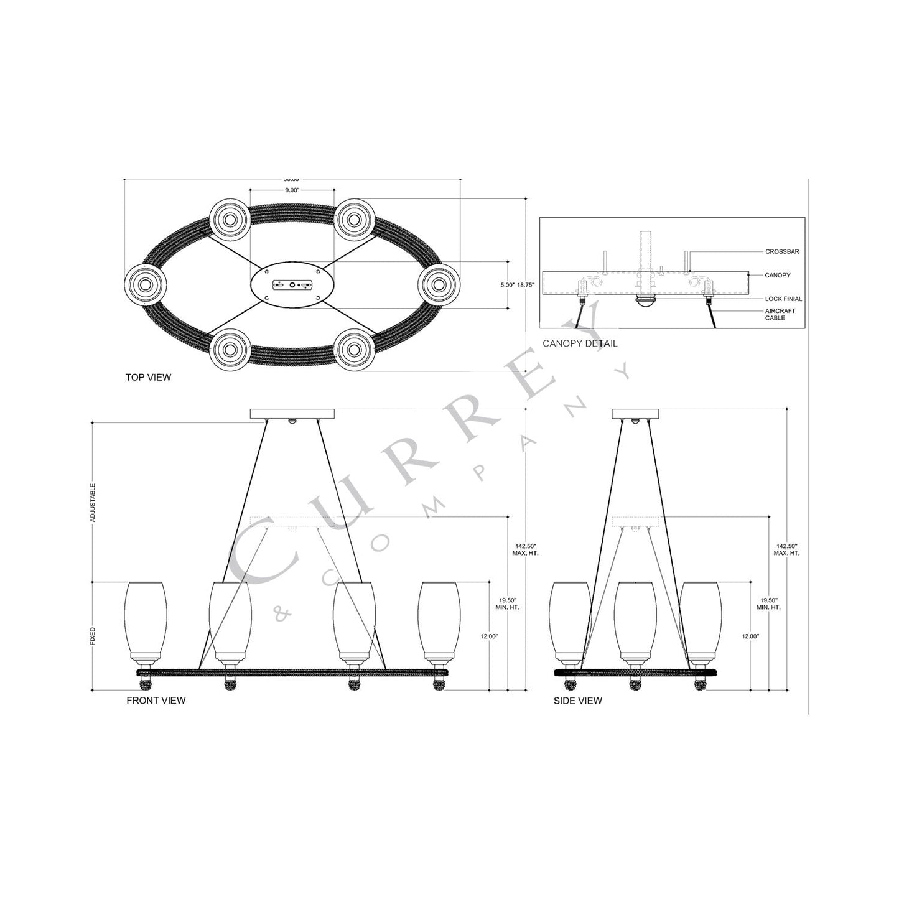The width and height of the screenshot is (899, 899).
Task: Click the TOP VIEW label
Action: pos(148,377)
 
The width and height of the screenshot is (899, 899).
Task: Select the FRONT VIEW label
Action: pos(156,701)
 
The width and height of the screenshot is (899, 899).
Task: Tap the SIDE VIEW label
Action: pos(578,701)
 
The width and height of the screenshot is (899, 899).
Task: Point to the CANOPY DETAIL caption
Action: pos(580,343)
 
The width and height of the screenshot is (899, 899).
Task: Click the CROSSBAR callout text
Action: pos(782,252)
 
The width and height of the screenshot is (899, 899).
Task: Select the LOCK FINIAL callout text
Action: pos(783,299)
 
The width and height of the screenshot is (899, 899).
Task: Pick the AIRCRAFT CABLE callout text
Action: pos(780,314)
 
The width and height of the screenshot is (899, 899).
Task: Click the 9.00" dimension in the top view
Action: pos(292,190)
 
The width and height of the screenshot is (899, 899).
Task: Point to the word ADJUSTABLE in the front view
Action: pos(93,502)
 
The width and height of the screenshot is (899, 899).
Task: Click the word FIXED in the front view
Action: pos(93,635)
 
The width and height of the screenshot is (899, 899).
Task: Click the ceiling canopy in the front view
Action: pos(292,414)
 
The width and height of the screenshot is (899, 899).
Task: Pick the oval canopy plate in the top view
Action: pos(292,285)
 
